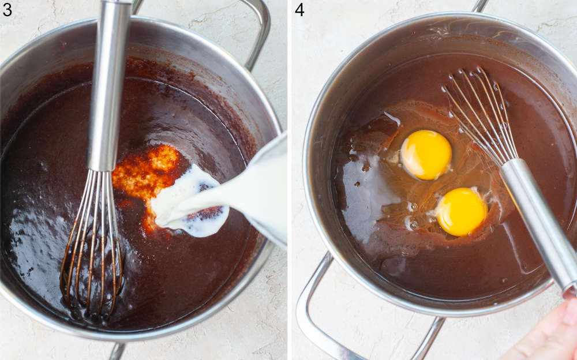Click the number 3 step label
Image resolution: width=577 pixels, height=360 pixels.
7,9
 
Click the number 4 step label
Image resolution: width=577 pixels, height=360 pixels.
299,9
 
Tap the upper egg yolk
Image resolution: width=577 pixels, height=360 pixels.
426,154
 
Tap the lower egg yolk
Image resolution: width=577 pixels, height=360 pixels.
461,212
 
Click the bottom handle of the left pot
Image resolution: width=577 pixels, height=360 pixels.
117,351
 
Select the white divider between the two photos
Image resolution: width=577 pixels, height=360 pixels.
289,180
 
